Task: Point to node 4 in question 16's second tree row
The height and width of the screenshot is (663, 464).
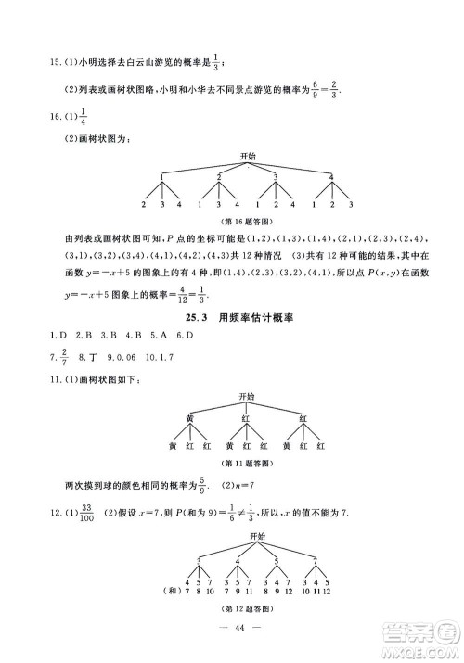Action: (329, 177)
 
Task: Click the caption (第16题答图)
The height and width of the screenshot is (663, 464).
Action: (246, 220)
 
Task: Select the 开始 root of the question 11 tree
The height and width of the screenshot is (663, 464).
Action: (246, 399)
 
